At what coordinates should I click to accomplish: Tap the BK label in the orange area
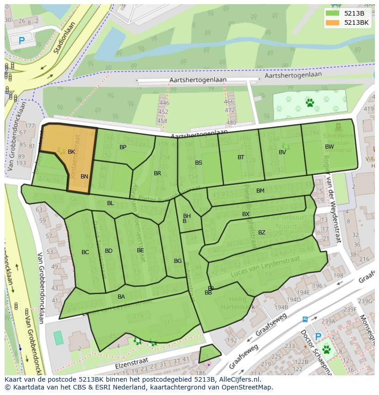coord(71,152)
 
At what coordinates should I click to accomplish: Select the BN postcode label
coord(84,176)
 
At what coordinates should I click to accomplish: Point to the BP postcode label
coord(123,147)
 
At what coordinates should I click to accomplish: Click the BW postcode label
coord(329,147)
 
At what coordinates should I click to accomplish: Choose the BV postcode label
coord(282,152)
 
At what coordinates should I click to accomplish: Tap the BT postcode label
coord(241,157)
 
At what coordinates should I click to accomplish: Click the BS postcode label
coord(199,163)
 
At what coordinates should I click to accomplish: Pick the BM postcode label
coord(260,191)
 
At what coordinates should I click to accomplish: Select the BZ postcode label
coord(262,233)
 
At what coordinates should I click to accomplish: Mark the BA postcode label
coord(121,297)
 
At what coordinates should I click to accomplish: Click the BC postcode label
coord(85,252)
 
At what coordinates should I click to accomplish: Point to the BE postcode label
coord(141,250)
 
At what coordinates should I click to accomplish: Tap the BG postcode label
coord(178,261)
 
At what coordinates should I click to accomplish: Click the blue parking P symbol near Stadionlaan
coord(22,40)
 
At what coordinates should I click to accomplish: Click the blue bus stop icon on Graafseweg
coord(305,319)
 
